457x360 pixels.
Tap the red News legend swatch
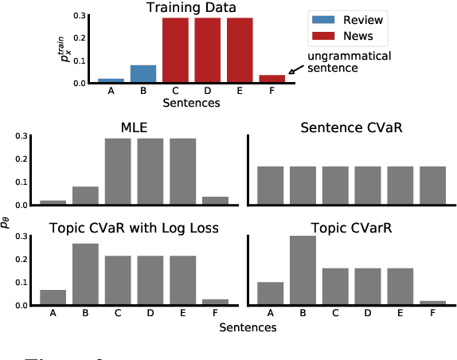[x=323, y=37]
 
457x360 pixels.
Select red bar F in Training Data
[x=271, y=79]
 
